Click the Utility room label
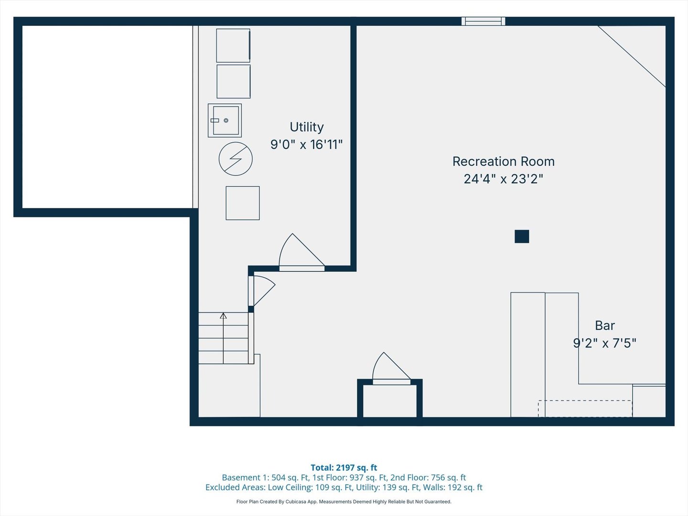pyautogui.click(x=306, y=127)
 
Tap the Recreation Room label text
pyautogui.click(x=503, y=161)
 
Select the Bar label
pyautogui.click(x=604, y=325)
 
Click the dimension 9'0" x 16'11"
pyautogui.click(x=306, y=144)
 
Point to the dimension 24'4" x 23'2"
pyautogui.click(x=503, y=179)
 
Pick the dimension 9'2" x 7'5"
pyautogui.click(x=604, y=343)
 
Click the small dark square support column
pyautogui.click(x=522, y=236)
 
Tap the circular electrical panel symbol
pyautogui.click(x=236, y=159)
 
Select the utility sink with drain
pyautogui.click(x=225, y=120)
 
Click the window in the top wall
pyautogui.click(x=483, y=21)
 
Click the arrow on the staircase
pyautogui.click(x=223, y=316)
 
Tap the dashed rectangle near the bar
pyautogui.click(x=585, y=408)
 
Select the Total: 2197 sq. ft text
pyautogui.click(x=344, y=468)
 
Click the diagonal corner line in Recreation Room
pyautogui.click(x=632, y=56)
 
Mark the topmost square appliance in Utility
pyautogui.click(x=233, y=45)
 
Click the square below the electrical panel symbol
pyautogui.click(x=243, y=203)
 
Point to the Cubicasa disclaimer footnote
pyautogui.click(x=344, y=502)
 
